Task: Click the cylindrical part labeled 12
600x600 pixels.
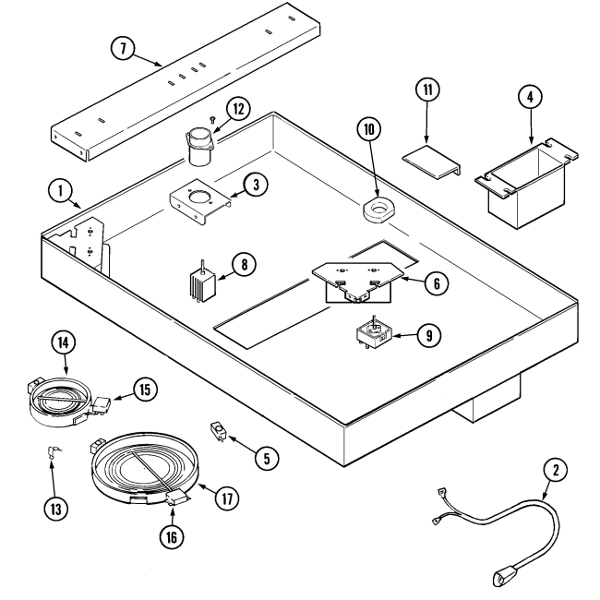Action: coord(198,144)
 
